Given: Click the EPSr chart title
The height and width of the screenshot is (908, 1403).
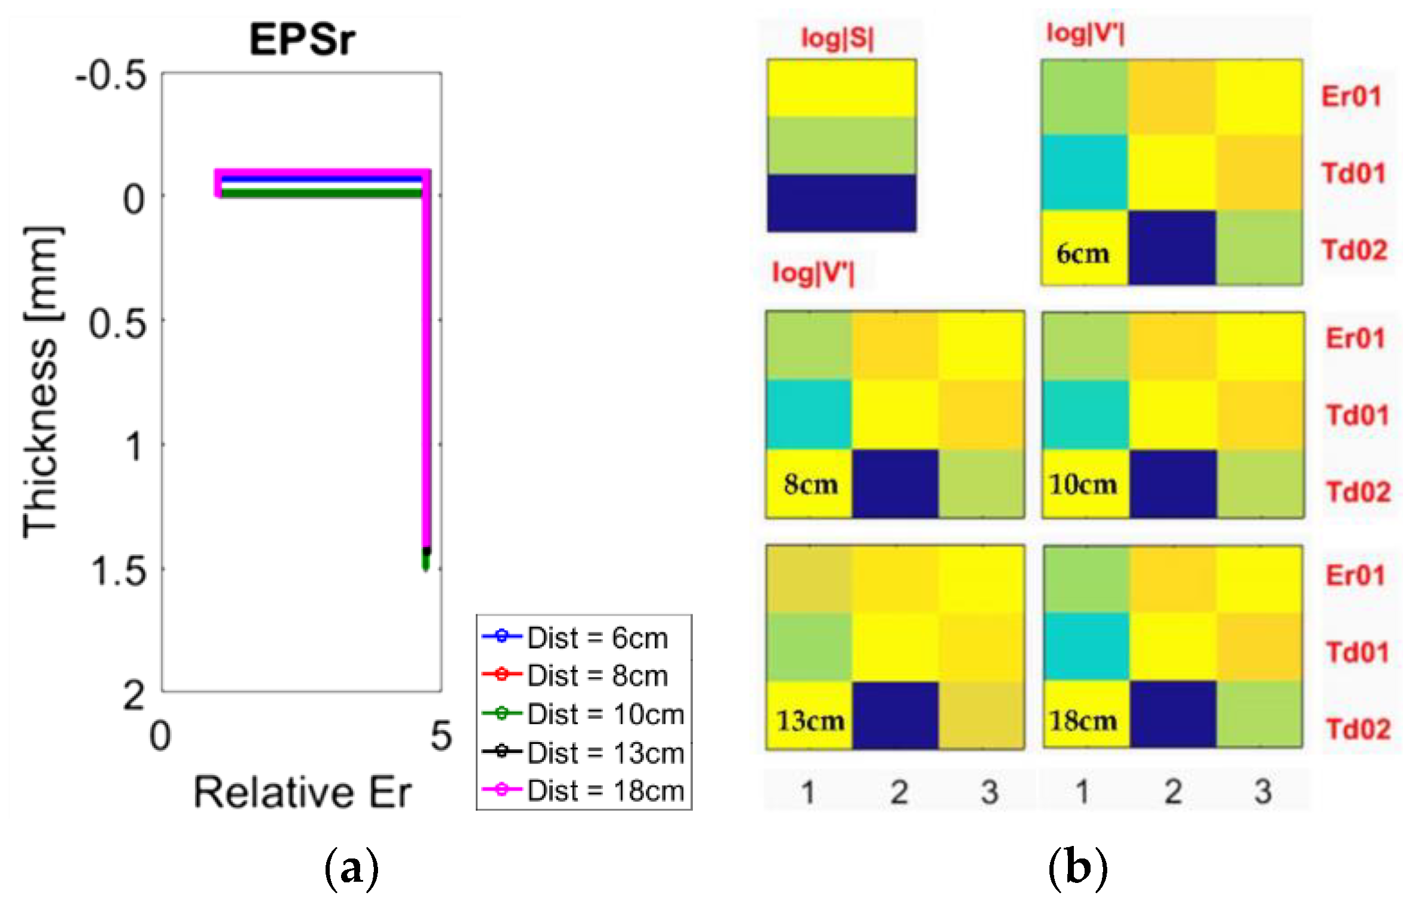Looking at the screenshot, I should pyautogui.click(x=302, y=39).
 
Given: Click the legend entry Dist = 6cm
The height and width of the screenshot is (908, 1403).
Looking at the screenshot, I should pyautogui.click(x=596, y=638).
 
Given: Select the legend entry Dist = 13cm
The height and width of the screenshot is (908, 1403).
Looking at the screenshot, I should pyautogui.click(x=605, y=753).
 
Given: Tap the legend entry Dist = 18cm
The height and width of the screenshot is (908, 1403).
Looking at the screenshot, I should pyautogui.click(x=605, y=790).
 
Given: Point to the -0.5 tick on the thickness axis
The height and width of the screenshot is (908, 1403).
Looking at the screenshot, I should pyautogui.click(x=112, y=76).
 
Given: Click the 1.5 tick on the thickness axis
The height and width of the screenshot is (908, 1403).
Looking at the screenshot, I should pyautogui.click(x=118, y=571).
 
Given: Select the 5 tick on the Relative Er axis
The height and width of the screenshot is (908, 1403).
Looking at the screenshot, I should pyautogui.click(x=441, y=736).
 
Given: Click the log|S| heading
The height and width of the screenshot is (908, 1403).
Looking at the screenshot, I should pyautogui.click(x=837, y=38).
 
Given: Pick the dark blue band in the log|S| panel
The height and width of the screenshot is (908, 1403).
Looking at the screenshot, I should pyautogui.click(x=841, y=203).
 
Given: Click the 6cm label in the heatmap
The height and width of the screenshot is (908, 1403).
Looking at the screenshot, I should pyautogui.click(x=1083, y=254).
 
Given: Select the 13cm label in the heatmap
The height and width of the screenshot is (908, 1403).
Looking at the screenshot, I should pyautogui.click(x=810, y=721).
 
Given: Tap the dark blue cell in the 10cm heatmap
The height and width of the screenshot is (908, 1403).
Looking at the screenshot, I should pyautogui.click(x=1172, y=484).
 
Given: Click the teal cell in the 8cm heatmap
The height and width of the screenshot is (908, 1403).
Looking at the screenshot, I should pyautogui.click(x=809, y=415).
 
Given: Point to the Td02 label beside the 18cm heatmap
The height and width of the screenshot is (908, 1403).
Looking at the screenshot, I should pyautogui.click(x=1358, y=729).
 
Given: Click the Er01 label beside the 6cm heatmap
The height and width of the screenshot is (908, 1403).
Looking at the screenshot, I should pyautogui.click(x=1351, y=96).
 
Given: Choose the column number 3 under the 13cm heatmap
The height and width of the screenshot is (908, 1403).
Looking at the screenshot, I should pyautogui.click(x=990, y=792).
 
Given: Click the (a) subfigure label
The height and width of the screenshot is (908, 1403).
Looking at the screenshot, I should pyautogui.click(x=351, y=869).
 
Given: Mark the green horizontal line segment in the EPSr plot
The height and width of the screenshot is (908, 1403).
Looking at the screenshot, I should pyautogui.click(x=322, y=193).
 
